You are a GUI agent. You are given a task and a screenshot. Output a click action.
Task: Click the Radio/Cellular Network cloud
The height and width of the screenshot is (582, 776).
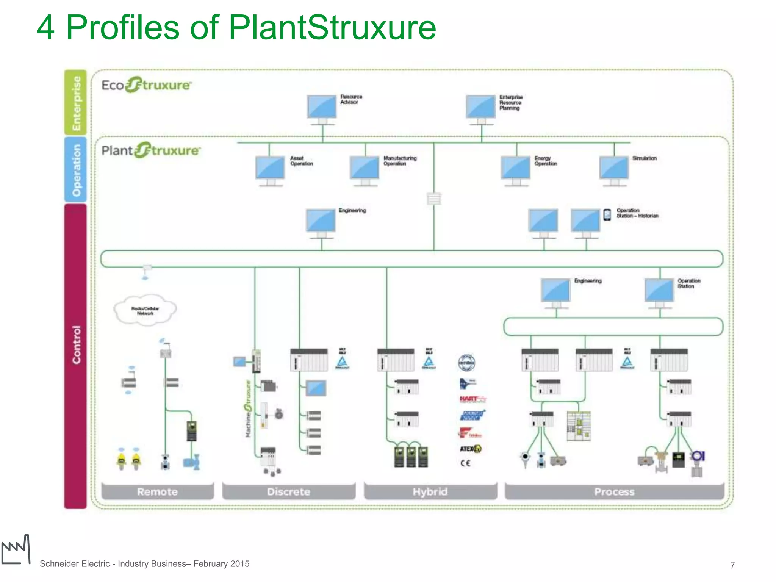tap(145, 310)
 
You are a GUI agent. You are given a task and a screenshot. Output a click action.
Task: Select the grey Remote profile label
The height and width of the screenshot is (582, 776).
tap(157, 492)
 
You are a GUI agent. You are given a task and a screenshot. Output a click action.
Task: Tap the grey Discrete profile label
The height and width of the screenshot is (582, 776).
tap(289, 492)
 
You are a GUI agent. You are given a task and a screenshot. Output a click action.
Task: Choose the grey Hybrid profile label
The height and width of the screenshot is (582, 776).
tap(430, 492)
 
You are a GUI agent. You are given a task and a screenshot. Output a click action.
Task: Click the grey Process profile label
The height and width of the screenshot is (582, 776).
tap(614, 492)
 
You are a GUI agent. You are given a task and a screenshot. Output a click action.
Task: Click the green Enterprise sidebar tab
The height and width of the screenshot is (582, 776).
tap(76, 102)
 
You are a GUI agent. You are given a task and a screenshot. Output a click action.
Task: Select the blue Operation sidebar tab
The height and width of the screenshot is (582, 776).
tap(76, 169)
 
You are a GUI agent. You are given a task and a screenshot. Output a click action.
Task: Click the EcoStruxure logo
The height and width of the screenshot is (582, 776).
tap(146, 85)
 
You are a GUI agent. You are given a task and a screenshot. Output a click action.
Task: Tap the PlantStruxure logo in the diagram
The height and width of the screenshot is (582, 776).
tap(151, 150)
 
